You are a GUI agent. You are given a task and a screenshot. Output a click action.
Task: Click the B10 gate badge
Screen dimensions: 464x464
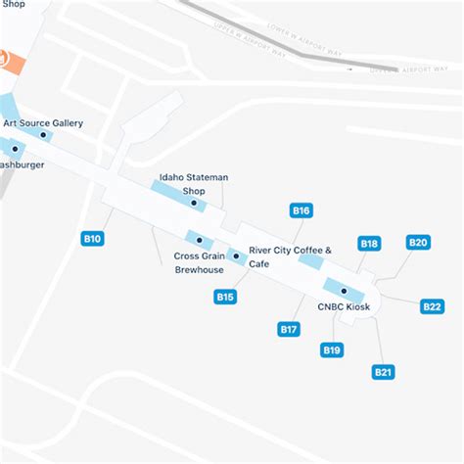[x=93, y=238]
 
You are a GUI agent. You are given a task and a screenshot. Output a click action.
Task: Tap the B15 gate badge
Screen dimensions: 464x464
[x=225, y=297]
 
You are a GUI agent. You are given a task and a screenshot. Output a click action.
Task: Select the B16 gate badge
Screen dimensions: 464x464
[x=302, y=210]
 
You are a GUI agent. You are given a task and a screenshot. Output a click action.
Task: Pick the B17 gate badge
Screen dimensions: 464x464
[x=289, y=330]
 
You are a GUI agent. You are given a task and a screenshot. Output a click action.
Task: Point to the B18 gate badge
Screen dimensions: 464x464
[x=369, y=244]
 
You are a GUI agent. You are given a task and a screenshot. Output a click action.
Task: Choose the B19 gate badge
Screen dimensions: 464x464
[x=332, y=350]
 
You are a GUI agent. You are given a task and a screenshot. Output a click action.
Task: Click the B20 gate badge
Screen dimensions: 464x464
[x=418, y=243]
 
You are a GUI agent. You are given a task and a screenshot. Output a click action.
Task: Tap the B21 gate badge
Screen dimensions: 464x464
[x=383, y=372]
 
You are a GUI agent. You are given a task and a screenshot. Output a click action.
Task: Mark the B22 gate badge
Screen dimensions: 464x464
[x=432, y=306]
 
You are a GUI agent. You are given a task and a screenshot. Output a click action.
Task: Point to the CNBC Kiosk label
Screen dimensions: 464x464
[x=343, y=305]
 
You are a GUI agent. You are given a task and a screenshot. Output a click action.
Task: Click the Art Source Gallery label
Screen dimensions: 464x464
[x=42, y=122]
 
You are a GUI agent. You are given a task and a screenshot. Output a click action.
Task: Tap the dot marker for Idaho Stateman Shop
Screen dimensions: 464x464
[x=194, y=204]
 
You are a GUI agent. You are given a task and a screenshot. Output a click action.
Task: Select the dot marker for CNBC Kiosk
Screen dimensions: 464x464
[x=344, y=291]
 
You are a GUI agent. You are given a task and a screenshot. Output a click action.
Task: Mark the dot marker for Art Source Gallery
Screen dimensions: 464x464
[x=42, y=135]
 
